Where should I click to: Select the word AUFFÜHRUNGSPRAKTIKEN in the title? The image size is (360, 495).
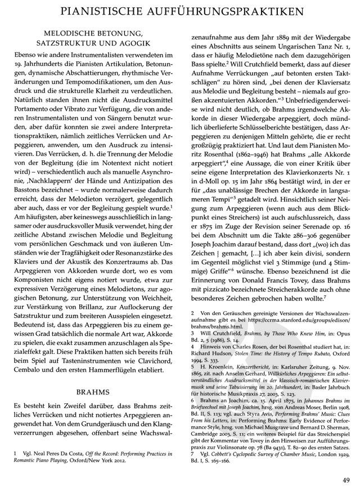coord(243,11)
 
